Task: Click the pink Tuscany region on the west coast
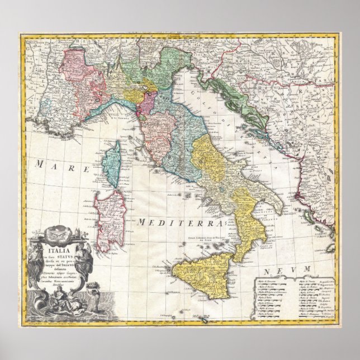pos(154,131)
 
